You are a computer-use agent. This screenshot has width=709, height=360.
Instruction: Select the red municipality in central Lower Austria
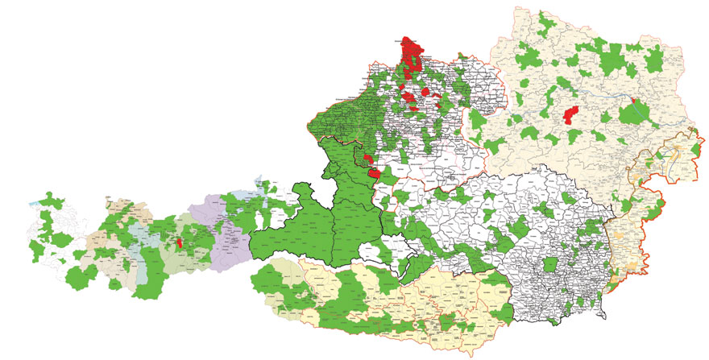(x=572, y=115)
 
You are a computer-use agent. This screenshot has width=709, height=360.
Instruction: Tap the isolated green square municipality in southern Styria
(x=550, y=265)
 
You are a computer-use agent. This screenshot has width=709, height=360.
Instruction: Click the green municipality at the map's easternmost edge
(x=691, y=133)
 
